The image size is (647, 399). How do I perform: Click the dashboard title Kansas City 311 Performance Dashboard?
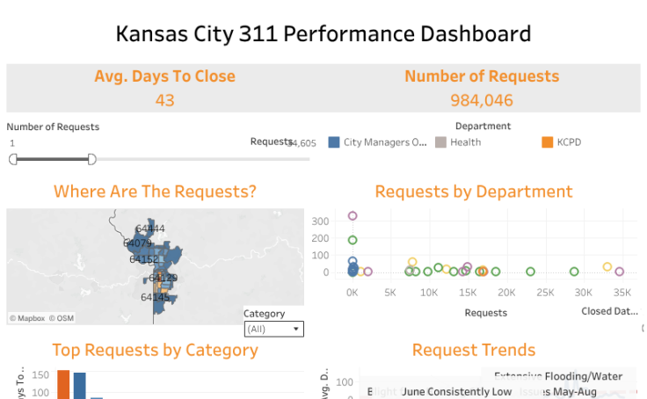[323, 34]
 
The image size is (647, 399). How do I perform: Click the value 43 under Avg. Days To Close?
[164, 99]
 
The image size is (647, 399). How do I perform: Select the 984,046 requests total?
[481, 99]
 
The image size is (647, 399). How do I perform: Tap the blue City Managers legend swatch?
[334, 142]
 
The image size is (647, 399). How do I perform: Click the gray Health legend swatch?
[441, 142]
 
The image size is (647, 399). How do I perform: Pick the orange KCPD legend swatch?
[548, 142]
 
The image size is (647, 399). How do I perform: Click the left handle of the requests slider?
[13, 159]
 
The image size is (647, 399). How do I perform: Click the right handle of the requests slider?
[91, 159]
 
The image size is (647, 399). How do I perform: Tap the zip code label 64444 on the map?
[150, 229]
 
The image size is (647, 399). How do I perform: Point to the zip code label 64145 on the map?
[156, 297]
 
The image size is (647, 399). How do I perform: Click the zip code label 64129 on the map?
[163, 278]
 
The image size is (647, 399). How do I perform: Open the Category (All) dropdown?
[273, 329]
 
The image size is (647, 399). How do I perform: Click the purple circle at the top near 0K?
[353, 215]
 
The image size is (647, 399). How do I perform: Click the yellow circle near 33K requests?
[607, 267]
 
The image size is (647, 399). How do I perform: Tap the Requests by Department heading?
[473, 192]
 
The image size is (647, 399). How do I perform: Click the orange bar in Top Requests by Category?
[63, 385]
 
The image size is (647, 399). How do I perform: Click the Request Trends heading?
[473, 351]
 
